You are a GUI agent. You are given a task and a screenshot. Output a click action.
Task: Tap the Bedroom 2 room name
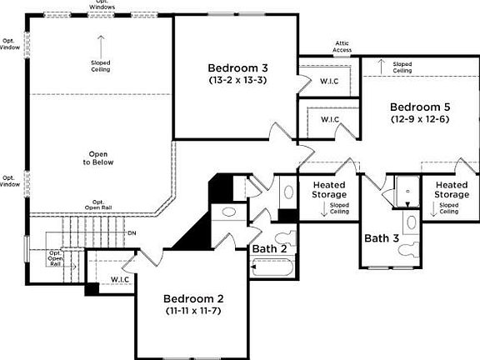192,298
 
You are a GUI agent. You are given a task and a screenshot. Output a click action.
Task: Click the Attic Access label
342,47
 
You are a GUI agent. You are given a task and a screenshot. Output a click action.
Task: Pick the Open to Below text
100,158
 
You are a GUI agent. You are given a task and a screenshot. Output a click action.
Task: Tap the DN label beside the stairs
132,232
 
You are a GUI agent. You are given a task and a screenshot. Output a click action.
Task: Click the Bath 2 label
270,248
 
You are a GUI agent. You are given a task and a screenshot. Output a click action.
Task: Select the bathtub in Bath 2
272,268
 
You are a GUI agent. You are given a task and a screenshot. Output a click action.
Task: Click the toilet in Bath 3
410,222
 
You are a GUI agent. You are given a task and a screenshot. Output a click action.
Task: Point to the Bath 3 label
382,238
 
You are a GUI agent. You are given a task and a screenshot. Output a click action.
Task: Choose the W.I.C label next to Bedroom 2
120,279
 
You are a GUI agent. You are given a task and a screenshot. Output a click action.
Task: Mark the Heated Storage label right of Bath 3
452,190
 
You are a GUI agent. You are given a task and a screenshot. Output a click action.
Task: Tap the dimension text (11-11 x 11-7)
192,312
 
